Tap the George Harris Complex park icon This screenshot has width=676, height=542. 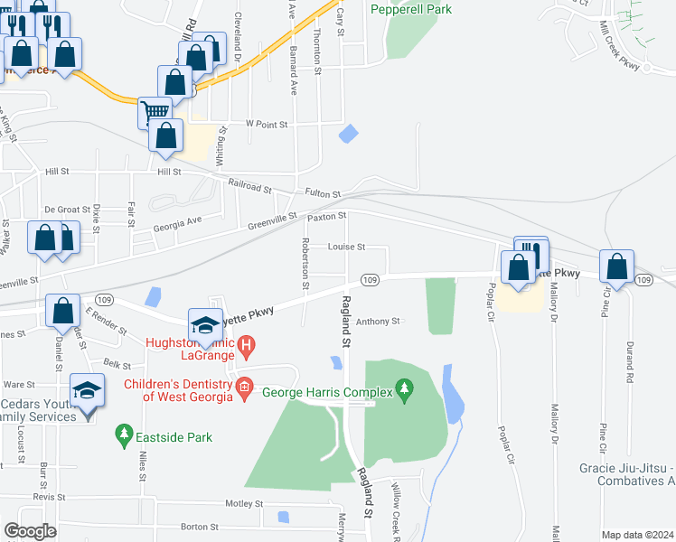405,392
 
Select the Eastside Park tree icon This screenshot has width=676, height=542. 124,437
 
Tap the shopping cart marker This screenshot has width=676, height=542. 155,113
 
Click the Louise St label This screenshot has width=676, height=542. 346,247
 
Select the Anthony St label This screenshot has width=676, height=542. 378,321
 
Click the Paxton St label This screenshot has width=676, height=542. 327,217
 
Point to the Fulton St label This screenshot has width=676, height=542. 323,193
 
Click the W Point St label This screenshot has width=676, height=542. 266,124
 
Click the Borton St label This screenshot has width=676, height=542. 201,526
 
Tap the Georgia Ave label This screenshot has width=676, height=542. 177,222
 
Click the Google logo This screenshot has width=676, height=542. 30,531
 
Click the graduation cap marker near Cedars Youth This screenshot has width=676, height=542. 87,390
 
